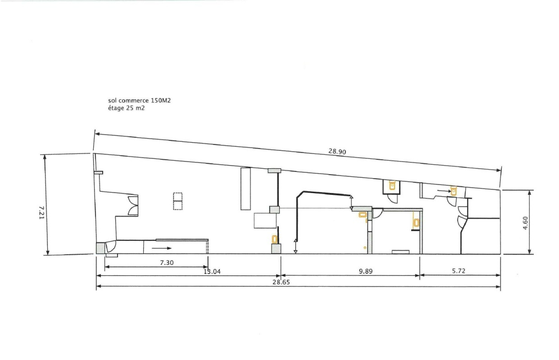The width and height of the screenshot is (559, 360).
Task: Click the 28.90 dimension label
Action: (337, 152)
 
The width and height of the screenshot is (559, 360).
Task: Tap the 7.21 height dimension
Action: (42, 212)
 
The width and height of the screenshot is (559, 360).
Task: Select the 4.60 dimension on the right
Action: (525, 223)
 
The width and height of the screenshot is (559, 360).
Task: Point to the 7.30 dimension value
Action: (167, 263)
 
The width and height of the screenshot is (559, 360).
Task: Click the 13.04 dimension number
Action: (212, 271)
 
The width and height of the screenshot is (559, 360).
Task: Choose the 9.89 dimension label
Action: (365, 271)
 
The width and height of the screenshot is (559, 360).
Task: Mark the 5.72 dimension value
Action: (459, 271)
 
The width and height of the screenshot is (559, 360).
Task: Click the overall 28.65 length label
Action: (281, 282)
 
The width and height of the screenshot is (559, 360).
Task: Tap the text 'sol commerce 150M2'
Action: (139, 100)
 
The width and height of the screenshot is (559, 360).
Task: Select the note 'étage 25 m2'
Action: (126, 108)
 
